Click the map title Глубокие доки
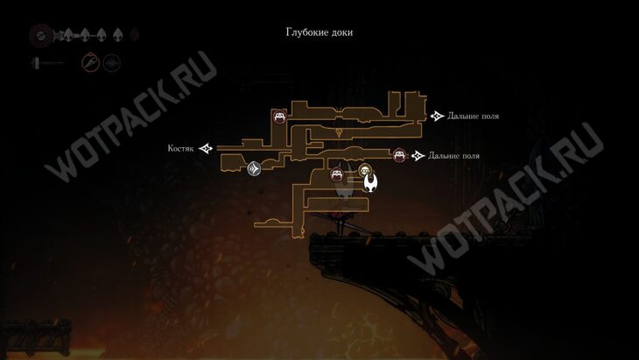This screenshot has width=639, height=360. coord(319,32)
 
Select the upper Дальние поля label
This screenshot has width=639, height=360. coord(473,116)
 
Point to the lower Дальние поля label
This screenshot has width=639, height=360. coord(453,155)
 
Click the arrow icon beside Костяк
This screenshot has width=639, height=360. coord(206,148)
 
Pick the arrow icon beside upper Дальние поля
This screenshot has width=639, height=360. coord(438,116)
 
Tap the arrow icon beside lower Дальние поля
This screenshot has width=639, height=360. coord(418,155)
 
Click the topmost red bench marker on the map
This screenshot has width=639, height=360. coord(279,116)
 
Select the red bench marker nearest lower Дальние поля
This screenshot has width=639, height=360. coord(399,156)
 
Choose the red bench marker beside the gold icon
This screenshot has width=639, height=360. coord(336,174)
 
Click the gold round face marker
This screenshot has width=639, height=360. coord(366,171)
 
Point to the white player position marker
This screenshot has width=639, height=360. coord(371,183)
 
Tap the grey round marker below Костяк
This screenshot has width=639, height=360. coord(254,167)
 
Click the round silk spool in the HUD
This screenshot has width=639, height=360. coord(39,36)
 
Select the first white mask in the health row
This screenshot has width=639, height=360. coord(67,36)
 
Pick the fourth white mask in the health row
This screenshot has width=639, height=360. coord(118,36)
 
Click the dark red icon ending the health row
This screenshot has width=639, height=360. coord(135,36)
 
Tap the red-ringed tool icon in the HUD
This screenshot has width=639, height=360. coord(90,62)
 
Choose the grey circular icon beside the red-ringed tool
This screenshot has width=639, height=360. coord(111,62)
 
